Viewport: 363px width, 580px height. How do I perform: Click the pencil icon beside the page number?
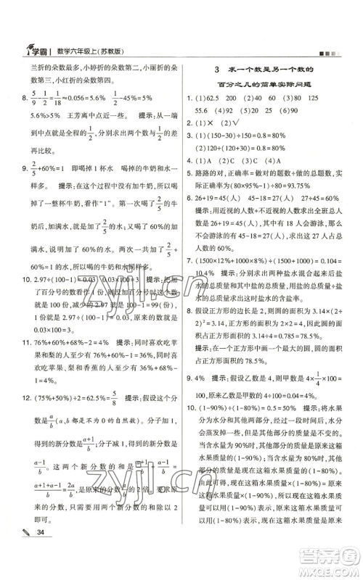click(12, 554)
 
